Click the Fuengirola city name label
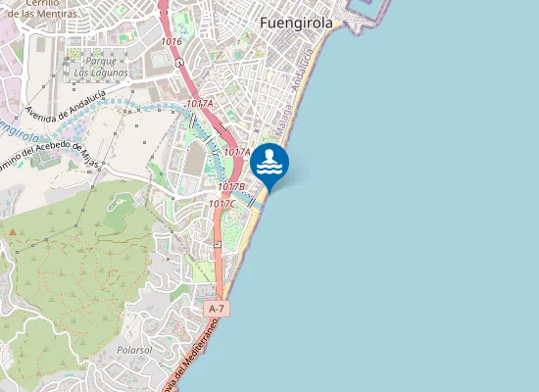[296, 23]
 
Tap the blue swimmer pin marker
[270, 164]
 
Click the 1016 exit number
[172, 41]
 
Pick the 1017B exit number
[231, 186]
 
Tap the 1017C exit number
[221, 204]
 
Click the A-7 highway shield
[217, 309]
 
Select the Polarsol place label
[133, 348]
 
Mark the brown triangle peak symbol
[14, 232]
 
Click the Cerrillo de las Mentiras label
[40, 9]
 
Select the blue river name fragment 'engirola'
[20, 128]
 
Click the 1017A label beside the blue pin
[238, 152]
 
